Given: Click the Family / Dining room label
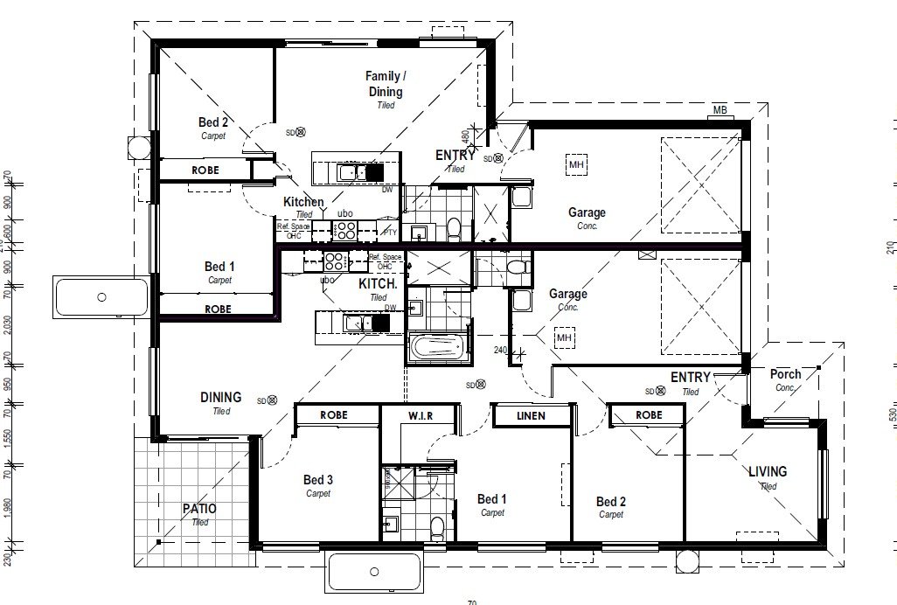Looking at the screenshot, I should click(x=385, y=85).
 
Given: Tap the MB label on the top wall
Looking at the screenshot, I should click(x=720, y=110).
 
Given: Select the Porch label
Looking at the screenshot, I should click(x=785, y=374).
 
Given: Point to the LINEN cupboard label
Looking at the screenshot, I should click(x=532, y=415).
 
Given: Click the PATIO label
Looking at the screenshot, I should click(x=199, y=509).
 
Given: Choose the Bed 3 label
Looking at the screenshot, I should click(x=318, y=480).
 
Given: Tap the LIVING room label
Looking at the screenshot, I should click(x=768, y=471).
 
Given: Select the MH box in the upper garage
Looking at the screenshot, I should click(x=576, y=164).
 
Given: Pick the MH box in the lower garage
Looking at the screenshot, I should click(x=563, y=337).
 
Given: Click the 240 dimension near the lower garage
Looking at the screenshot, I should click(x=500, y=351).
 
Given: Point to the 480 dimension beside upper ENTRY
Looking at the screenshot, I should click(x=466, y=136).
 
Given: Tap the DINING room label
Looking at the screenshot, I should click(x=220, y=398).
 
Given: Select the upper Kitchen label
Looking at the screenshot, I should click(x=303, y=202).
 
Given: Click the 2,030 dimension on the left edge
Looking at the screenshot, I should click(x=8, y=323).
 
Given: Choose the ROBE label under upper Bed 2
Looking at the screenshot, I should click(x=205, y=170).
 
